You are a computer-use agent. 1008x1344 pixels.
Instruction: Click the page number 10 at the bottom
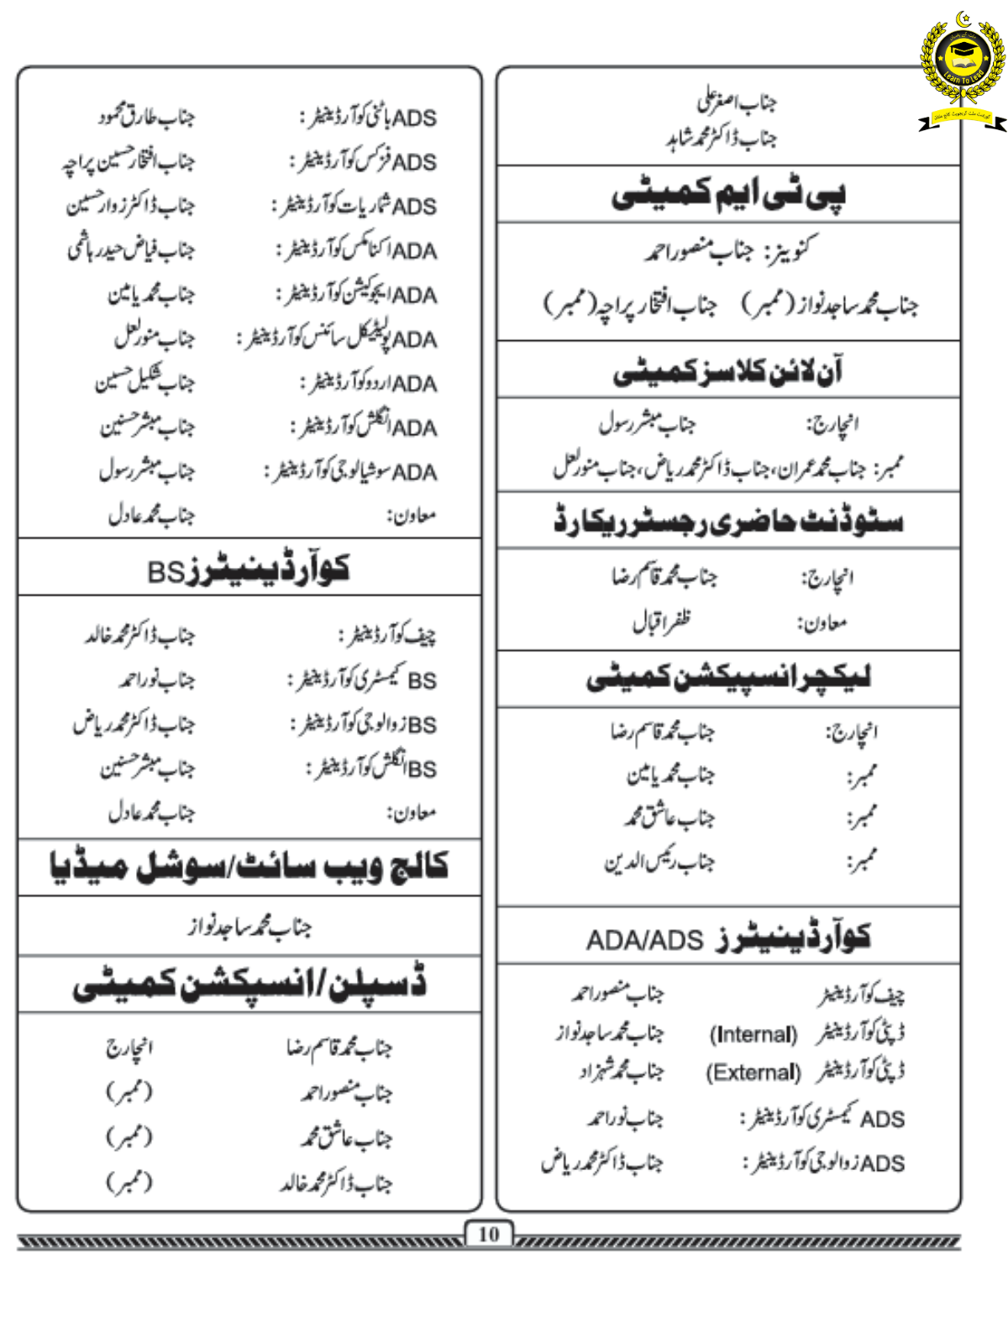[488, 1234]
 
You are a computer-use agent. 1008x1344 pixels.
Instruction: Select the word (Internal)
[753, 1034]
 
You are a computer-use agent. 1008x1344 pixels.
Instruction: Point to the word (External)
[753, 1073]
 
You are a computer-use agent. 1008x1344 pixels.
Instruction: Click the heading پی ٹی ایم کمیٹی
[728, 194]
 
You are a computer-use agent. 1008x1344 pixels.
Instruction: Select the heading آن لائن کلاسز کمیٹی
[728, 370]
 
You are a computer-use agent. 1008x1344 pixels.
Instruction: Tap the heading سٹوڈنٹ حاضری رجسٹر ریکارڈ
[728, 521]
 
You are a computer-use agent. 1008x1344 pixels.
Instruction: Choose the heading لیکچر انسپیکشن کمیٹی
[728, 678]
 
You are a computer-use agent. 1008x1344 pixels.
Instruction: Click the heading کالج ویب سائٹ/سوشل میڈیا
[249, 867]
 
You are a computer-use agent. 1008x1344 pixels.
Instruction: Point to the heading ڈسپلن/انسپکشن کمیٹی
[249, 984]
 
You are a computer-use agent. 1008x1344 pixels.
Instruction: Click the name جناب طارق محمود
[145, 116]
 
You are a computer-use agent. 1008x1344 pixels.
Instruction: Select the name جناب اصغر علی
[736, 102]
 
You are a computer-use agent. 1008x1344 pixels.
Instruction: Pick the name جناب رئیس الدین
[659, 862]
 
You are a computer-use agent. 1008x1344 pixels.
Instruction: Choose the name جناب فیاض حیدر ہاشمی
[131, 249]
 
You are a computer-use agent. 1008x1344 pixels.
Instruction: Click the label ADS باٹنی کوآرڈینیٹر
[369, 117]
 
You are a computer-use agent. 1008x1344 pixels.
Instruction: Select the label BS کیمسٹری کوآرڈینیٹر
[363, 679]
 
